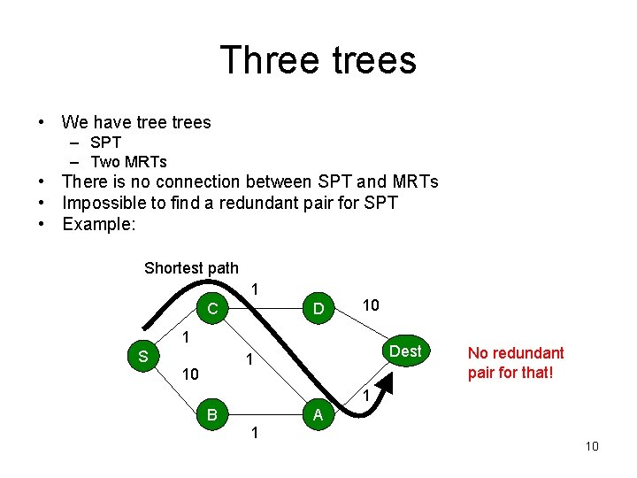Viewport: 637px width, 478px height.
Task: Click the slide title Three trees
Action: click(x=318, y=60)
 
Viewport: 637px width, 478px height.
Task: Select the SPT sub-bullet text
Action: click(x=105, y=143)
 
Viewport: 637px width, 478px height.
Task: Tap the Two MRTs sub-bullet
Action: click(x=128, y=161)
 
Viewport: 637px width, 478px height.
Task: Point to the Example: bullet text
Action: click(x=99, y=224)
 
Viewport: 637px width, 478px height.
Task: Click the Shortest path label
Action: click(x=191, y=267)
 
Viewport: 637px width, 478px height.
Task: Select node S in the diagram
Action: click(x=142, y=358)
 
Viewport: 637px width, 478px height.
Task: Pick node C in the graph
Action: click(x=212, y=309)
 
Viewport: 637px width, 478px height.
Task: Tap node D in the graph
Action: click(x=316, y=309)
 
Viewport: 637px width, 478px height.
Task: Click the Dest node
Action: click(x=405, y=351)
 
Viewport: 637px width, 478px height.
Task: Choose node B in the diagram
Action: click(x=212, y=413)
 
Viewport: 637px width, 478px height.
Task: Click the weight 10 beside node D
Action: click(x=371, y=305)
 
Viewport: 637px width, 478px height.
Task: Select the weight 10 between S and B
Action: click(x=189, y=375)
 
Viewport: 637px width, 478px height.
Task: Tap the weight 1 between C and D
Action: click(x=255, y=289)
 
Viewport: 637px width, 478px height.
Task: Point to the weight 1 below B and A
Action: click(x=255, y=434)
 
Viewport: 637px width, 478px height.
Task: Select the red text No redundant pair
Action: click(x=516, y=363)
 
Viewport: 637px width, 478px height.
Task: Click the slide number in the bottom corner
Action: click(x=592, y=446)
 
